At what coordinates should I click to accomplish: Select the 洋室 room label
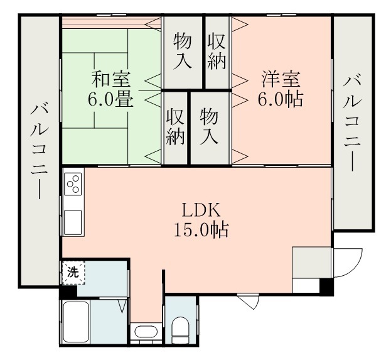(281, 80)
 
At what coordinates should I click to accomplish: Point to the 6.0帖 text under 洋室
(281, 99)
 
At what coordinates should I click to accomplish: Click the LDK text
(200, 210)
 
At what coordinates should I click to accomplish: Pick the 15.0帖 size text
(200, 230)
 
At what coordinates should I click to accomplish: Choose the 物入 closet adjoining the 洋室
(210, 127)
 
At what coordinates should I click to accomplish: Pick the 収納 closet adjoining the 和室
(176, 127)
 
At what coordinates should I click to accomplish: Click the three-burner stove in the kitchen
(72, 184)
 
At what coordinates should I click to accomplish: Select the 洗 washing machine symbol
(73, 273)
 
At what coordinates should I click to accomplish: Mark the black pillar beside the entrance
(326, 286)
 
